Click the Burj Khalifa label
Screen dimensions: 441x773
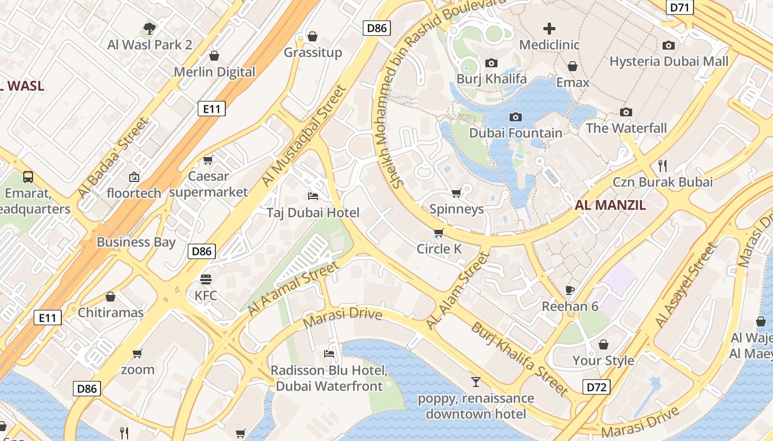pos(491,79)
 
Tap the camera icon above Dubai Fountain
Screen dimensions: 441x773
pos(516,117)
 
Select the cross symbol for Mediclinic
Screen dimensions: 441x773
pos(549,29)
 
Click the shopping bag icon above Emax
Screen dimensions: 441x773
pos(573,66)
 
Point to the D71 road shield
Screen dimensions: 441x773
pos(680,7)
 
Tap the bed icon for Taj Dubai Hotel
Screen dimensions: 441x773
pos(313,196)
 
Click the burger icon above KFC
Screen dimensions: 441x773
pos(206,279)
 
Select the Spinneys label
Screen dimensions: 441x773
pos(457,209)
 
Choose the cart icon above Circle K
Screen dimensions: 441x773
pos(438,233)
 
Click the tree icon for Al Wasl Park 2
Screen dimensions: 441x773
pos(149,28)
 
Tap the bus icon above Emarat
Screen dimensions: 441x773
pos(28,177)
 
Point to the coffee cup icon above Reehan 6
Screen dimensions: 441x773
pos(570,290)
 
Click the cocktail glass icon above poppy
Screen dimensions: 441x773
pos(475,381)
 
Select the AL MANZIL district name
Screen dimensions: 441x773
pos(610,206)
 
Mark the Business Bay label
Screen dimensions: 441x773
pos(136,242)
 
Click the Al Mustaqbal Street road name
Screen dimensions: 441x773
pos(304,135)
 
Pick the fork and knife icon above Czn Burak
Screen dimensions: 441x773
pos(663,165)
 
